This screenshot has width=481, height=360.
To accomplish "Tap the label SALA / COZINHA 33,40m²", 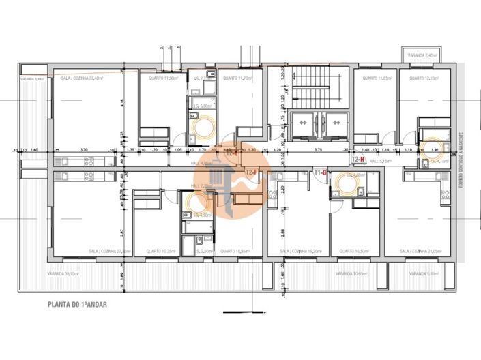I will (83, 78).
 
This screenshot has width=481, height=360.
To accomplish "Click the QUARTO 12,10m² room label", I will (423, 78).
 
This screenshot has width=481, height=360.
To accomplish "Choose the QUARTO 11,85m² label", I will (376, 78).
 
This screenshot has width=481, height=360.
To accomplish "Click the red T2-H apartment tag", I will (358, 159).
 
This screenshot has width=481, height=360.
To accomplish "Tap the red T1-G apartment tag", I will (320, 172).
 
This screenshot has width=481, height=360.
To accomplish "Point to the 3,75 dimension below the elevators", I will (318, 149).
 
